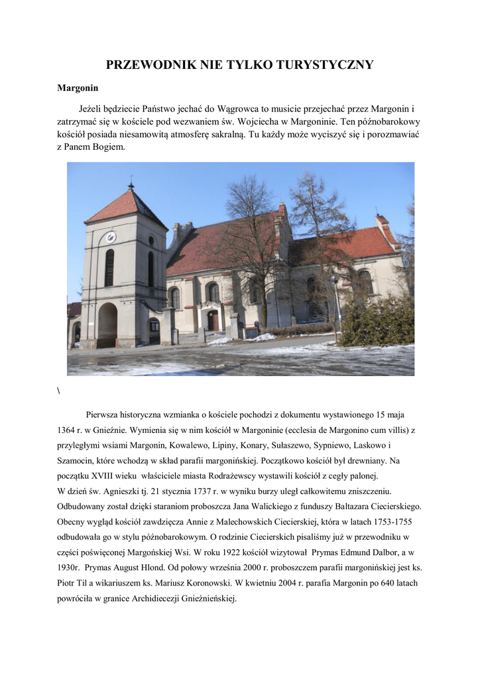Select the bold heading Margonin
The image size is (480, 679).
tap(78, 88)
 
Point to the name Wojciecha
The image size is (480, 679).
tap(282, 122)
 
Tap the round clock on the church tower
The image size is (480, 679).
tap(111, 237)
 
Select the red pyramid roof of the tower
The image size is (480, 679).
tap(127, 206)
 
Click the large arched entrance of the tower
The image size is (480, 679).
tap(107, 324)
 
